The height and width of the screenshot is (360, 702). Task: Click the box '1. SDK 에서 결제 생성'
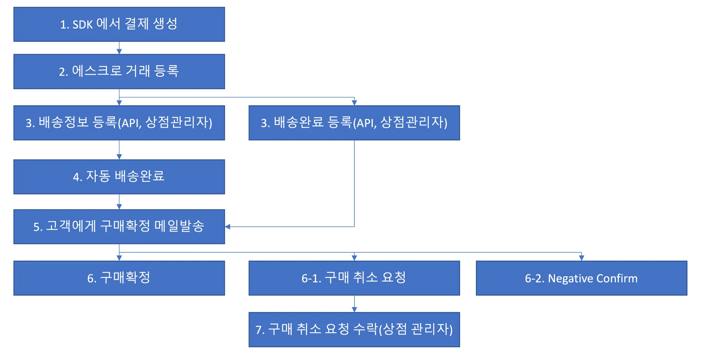(x=119, y=24)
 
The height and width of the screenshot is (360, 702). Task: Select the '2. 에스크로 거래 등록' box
(x=119, y=71)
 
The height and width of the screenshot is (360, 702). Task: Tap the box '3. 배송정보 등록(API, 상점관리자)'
(x=119, y=123)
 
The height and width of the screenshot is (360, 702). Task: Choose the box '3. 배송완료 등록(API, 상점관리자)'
(x=354, y=123)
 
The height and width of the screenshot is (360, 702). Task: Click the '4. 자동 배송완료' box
(x=119, y=177)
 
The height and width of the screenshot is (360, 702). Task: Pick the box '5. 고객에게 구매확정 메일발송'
(x=119, y=226)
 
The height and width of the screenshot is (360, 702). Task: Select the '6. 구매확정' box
(x=119, y=278)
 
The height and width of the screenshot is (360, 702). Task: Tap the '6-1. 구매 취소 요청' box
(x=354, y=278)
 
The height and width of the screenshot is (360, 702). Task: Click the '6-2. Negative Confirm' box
(x=581, y=278)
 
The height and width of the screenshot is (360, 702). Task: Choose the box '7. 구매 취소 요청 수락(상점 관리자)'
(x=354, y=330)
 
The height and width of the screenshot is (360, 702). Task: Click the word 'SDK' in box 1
(x=83, y=25)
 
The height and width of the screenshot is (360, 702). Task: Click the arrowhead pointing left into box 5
(x=228, y=226)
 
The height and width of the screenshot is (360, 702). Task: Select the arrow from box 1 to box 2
(x=119, y=48)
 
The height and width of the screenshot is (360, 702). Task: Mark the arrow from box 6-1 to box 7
(x=354, y=304)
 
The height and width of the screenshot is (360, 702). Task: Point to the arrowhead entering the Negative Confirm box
(x=581, y=258)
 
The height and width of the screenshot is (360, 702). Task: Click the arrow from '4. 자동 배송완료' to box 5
(x=119, y=202)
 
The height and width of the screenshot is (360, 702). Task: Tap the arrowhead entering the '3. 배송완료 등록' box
(x=354, y=103)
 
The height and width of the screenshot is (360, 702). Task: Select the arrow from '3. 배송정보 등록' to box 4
(x=119, y=150)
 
